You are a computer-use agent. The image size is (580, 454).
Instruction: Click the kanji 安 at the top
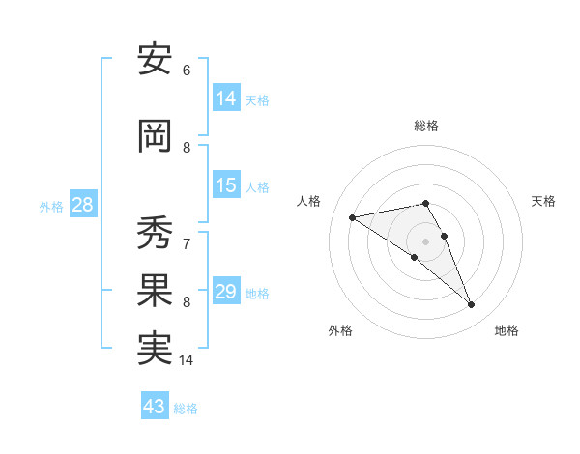(x=155, y=61)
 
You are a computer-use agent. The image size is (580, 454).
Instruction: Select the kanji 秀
(x=155, y=232)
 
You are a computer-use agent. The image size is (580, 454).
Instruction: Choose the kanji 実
(x=155, y=350)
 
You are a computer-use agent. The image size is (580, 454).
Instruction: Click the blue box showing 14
(x=226, y=98)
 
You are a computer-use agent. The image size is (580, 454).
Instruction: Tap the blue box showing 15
(x=226, y=184)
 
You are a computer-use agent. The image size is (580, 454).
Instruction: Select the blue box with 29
(x=226, y=291)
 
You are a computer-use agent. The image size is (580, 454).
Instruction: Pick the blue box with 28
(x=82, y=204)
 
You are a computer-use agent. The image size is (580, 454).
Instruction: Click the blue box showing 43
(x=155, y=407)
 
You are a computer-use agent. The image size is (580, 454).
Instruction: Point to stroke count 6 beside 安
(x=187, y=71)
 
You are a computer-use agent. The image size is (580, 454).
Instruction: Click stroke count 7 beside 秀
(x=187, y=243)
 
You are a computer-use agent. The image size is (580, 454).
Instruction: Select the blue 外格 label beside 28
(x=51, y=206)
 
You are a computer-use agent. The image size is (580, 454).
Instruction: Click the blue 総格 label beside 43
(x=187, y=409)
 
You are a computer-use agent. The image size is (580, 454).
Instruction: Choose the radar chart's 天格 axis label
(x=543, y=201)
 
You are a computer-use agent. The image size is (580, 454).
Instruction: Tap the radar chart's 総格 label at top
(x=425, y=126)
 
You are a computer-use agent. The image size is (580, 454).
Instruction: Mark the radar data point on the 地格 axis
(x=472, y=305)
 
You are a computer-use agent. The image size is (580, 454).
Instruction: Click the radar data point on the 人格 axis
(x=352, y=216)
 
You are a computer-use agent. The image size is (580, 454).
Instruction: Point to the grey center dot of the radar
(x=425, y=241)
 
